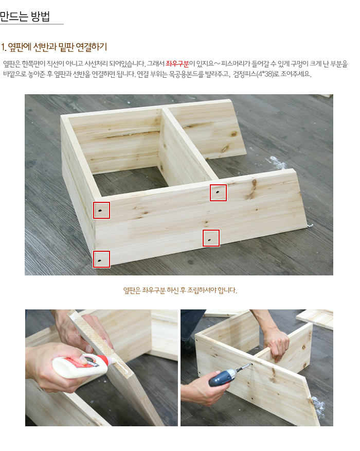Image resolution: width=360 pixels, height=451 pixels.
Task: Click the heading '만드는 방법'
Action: [x=25, y=16]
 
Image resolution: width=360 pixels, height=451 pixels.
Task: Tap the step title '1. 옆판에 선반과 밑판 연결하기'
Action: [x=53, y=47]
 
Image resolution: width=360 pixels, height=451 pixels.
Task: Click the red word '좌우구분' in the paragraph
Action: [x=177, y=64]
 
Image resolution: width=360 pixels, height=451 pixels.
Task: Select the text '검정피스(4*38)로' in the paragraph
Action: [x=256, y=74]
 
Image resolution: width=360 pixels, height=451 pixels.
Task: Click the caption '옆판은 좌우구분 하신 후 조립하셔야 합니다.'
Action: [x=180, y=290]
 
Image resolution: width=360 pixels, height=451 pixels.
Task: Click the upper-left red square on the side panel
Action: [x=101, y=210]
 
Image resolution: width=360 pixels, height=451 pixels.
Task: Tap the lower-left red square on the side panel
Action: [x=101, y=259]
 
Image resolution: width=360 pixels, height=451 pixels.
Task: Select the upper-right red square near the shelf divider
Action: [x=218, y=193]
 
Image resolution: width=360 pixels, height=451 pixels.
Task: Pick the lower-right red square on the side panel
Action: [x=211, y=238]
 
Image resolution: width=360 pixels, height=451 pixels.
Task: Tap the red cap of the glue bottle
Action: [x=111, y=361]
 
